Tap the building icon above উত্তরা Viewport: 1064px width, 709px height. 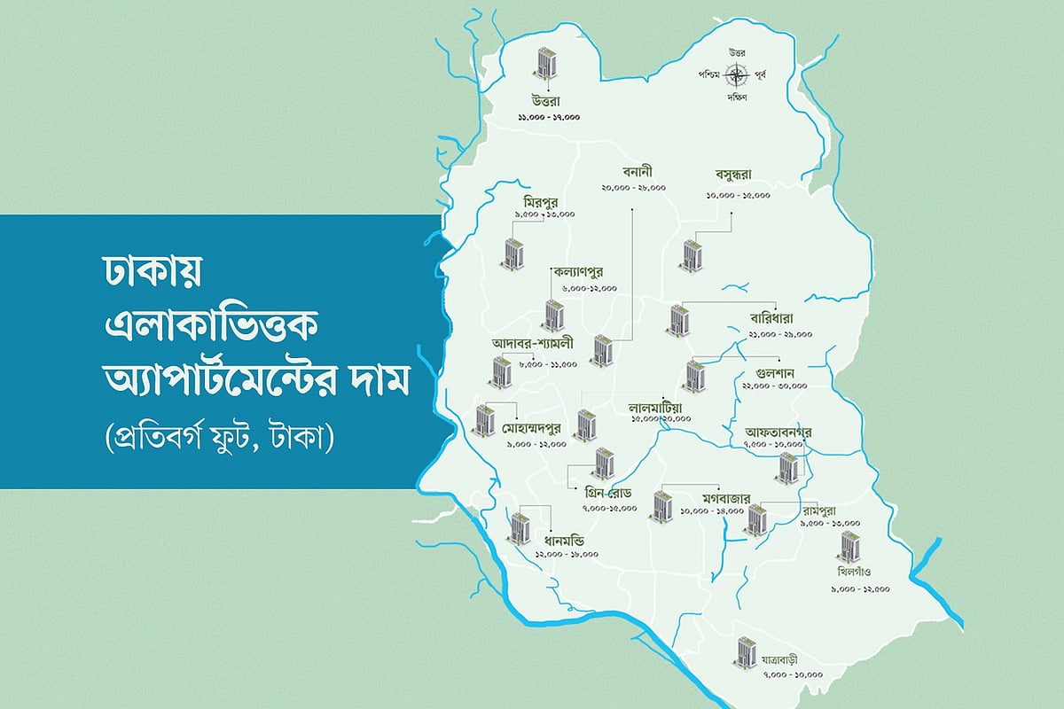point(549,64)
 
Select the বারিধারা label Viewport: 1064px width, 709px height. point(771,318)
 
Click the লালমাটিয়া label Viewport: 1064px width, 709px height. point(659,408)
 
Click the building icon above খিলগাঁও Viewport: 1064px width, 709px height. point(849,547)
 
